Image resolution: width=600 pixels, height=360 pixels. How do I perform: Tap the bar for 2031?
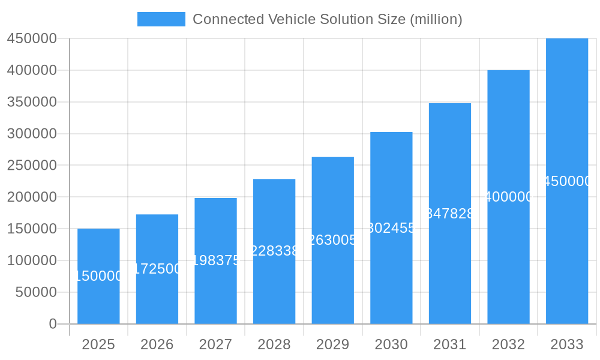[x=450, y=270]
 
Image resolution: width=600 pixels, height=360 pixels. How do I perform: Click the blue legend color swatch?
[x=161, y=19]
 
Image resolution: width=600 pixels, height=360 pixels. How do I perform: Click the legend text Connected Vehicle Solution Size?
[x=327, y=19]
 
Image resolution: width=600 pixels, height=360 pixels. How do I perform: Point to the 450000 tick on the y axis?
[x=31, y=39]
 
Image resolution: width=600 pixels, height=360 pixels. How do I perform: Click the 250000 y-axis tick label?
[x=31, y=166]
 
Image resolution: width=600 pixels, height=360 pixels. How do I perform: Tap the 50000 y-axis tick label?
[x=35, y=293]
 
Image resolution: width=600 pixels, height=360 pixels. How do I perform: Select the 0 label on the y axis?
[x=52, y=324]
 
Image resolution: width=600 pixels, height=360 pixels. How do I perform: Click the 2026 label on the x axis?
[x=157, y=344]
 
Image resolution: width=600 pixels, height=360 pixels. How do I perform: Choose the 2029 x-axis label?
[x=333, y=344]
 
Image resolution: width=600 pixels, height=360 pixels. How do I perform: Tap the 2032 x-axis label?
[x=508, y=344]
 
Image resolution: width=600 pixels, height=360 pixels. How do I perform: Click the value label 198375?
[x=216, y=260]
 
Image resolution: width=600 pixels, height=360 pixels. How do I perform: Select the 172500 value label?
[x=157, y=269]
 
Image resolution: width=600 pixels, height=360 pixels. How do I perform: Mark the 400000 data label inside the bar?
[x=508, y=197]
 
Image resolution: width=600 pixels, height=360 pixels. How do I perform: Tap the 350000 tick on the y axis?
[x=31, y=102]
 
